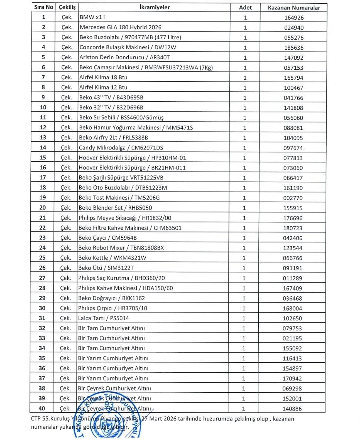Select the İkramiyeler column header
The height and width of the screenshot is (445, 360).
pyautogui.click(x=155, y=7)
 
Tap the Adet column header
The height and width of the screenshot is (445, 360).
pyautogui.click(x=245, y=7)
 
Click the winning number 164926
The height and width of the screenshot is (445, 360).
pyautogui.click(x=294, y=17)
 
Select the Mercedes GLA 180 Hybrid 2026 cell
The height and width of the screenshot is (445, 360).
pyautogui.click(x=120, y=27)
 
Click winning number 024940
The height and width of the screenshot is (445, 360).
pyautogui.click(x=294, y=27)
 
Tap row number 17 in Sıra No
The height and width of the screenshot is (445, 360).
pyautogui.click(x=43, y=178)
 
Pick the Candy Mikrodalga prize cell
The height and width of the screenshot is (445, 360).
pyautogui.click(x=120, y=148)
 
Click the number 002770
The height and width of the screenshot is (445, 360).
pyautogui.click(x=294, y=198)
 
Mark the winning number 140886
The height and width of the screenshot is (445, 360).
pyautogui.click(x=294, y=409)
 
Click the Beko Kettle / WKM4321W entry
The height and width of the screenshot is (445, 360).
pyautogui.click(x=112, y=258)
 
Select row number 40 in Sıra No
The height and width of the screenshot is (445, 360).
pyautogui.click(x=43, y=408)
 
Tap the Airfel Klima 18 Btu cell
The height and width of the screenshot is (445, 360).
pyautogui.click(x=103, y=78)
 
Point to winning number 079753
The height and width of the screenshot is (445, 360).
pyautogui.click(x=294, y=329)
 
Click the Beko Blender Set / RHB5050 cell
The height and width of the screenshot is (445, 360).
pyautogui.click(x=115, y=208)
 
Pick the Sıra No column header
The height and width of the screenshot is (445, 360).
pyautogui.click(x=43, y=7)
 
